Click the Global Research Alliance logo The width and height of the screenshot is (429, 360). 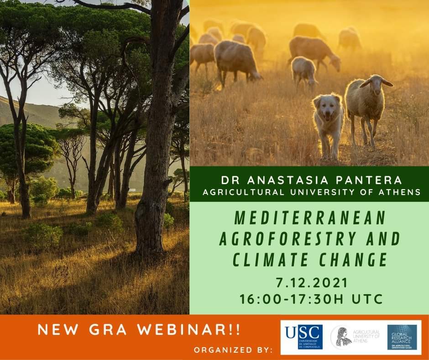402,337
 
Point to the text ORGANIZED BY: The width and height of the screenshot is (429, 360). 233,350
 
